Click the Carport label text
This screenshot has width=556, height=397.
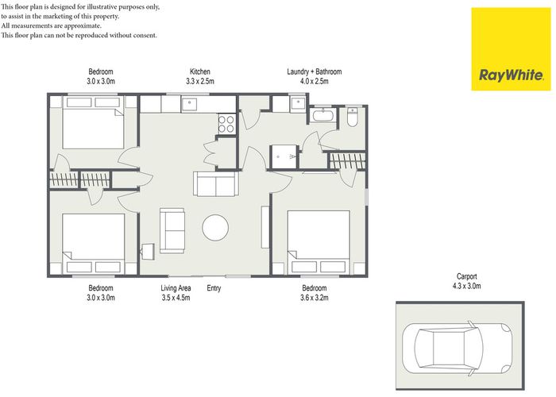[x=460, y=276]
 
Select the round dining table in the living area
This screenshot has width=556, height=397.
[x=217, y=229]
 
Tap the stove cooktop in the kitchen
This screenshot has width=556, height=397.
[x=226, y=123]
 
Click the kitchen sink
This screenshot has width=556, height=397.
[x=191, y=103]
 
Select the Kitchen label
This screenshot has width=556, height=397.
[x=200, y=71]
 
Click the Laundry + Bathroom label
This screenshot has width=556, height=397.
[x=315, y=71]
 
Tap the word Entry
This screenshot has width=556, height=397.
[x=214, y=288]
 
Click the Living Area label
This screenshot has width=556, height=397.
[x=176, y=288]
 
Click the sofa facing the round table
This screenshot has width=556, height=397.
[x=172, y=229]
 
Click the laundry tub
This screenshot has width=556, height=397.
[x=298, y=104]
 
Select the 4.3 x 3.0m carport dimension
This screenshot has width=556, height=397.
[x=460, y=286]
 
